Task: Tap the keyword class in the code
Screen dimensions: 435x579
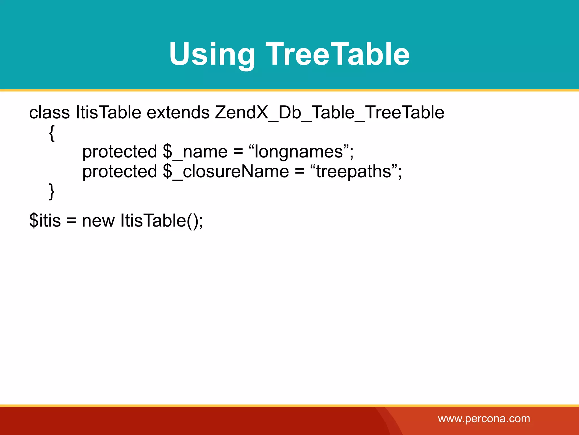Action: click(x=49, y=112)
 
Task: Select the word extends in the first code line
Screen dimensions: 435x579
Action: click(x=178, y=112)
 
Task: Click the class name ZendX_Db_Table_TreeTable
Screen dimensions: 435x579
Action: click(x=329, y=112)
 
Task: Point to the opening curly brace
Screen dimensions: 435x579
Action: click(x=52, y=133)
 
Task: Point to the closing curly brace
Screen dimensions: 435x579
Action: click(x=52, y=191)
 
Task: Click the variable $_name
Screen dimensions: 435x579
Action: click(x=195, y=152)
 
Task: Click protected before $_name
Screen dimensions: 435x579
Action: click(x=120, y=152)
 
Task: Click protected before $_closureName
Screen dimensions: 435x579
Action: click(x=120, y=171)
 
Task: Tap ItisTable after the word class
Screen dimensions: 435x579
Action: click(x=108, y=112)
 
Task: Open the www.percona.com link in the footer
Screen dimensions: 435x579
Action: click(x=484, y=419)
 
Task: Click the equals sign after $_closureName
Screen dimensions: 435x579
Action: click(x=299, y=172)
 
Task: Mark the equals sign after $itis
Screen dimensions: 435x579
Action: click(x=71, y=221)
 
